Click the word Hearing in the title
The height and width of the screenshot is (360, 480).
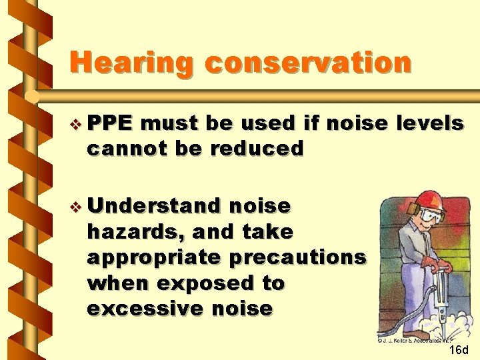pyautogui.click(x=132, y=63)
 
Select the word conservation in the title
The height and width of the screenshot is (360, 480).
pyautogui.click(x=309, y=63)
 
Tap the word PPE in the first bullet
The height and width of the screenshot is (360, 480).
pyautogui.click(x=110, y=123)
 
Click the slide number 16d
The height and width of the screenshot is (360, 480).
pyautogui.click(x=459, y=349)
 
